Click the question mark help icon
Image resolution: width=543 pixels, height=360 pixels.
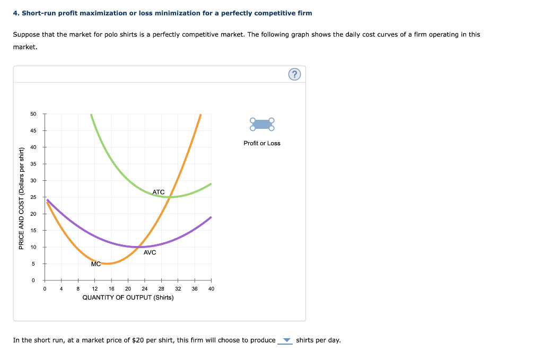294,74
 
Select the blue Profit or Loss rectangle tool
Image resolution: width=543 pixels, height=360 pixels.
262,124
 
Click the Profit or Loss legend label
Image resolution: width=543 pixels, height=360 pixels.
262,143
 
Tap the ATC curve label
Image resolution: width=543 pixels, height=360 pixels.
158,192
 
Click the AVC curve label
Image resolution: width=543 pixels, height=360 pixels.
150,252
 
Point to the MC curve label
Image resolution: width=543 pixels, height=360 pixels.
96,264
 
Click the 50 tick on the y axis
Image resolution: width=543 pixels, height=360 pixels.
33,114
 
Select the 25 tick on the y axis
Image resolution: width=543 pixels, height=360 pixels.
33,197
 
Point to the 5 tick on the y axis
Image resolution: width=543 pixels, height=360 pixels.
33,264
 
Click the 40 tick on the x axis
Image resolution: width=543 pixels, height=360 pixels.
211,289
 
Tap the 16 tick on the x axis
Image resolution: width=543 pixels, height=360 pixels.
111,289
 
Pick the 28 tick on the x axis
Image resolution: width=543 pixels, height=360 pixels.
161,289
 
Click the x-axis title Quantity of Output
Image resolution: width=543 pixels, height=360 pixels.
128,297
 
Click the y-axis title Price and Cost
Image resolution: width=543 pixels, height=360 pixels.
21,198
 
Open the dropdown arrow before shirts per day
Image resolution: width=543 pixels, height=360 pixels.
286,340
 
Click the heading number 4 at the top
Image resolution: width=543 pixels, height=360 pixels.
16,13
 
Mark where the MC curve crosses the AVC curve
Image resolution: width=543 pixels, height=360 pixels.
138,247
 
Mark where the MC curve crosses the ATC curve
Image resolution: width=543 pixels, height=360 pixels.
170,197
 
